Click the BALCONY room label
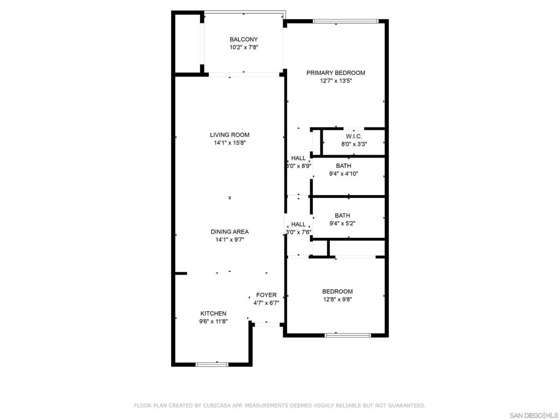click(x=243, y=39)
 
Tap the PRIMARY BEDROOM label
click(x=336, y=73)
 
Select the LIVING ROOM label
click(x=230, y=135)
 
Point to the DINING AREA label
click(x=230, y=232)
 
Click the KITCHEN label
click(x=213, y=313)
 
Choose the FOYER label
click(x=266, y=295)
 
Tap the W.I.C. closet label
click(x=354, y=136)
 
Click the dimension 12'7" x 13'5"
click(x=336, y=81)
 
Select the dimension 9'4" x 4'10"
click(x=343, y=174)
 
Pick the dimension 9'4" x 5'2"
click(x=342, y=224)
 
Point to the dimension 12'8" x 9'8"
click(x=337, y=299)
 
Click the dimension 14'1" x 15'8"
click(x=230, y=143)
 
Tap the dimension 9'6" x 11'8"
click(x=213, y=321)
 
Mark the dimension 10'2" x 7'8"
click(x=243, y=47)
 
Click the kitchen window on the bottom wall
click(x=212, y=364)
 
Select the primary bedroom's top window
click(x=346, y=21)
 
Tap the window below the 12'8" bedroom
click(x=348, y=335)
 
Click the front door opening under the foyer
click(x=267, y=325)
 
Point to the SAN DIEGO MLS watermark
click(x=534, y=416)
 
